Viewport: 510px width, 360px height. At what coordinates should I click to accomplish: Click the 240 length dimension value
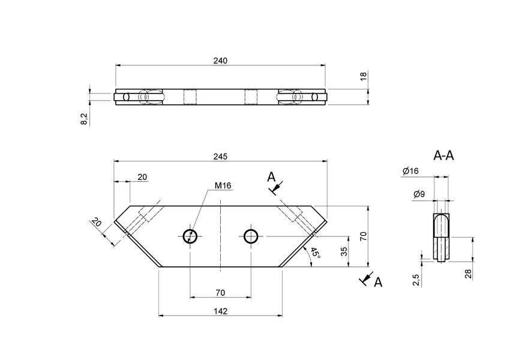pyautogui.click(x=220, y=61)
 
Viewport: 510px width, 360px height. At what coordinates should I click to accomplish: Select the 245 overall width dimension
pyautogui.click(x=220, y=157)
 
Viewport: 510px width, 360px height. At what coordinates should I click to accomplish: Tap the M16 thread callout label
pyautogui.click(x=223, y=185)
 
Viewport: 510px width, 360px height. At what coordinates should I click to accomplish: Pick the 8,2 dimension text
pyautogui.click(x=85, y=119)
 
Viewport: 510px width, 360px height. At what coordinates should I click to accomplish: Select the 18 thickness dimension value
pyautogui.click(x=363, y=76)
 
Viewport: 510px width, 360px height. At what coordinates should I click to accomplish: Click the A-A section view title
pyautogui.click(x=443, y=155)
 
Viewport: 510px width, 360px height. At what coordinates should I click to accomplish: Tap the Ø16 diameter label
pyautogui.click(x=410, y=172)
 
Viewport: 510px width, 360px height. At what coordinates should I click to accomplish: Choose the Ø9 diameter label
pyautogui.click(x=419, y=194)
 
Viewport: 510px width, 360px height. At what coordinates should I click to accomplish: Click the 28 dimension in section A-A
pyautogui.click(x=469, y=274)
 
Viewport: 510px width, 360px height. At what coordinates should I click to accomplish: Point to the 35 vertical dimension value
pyautogui.click(x=344, y=251)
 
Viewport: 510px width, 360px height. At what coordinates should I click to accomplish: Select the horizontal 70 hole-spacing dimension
pyautogui.click(x=220, y=292)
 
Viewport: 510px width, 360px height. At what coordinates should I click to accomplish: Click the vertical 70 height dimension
pyautogui.click(x=362, y=236)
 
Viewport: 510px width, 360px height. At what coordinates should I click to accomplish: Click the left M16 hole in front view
pyautogui.click(x=190, y=236)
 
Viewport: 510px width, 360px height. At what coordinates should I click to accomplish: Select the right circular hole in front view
pyautogui.click(x=251, y=236)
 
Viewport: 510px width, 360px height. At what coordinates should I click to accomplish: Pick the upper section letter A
pyautogui.click(x=271, y=177)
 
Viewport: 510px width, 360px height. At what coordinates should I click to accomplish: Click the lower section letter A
pyautogui.click(x=378, y=281)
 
